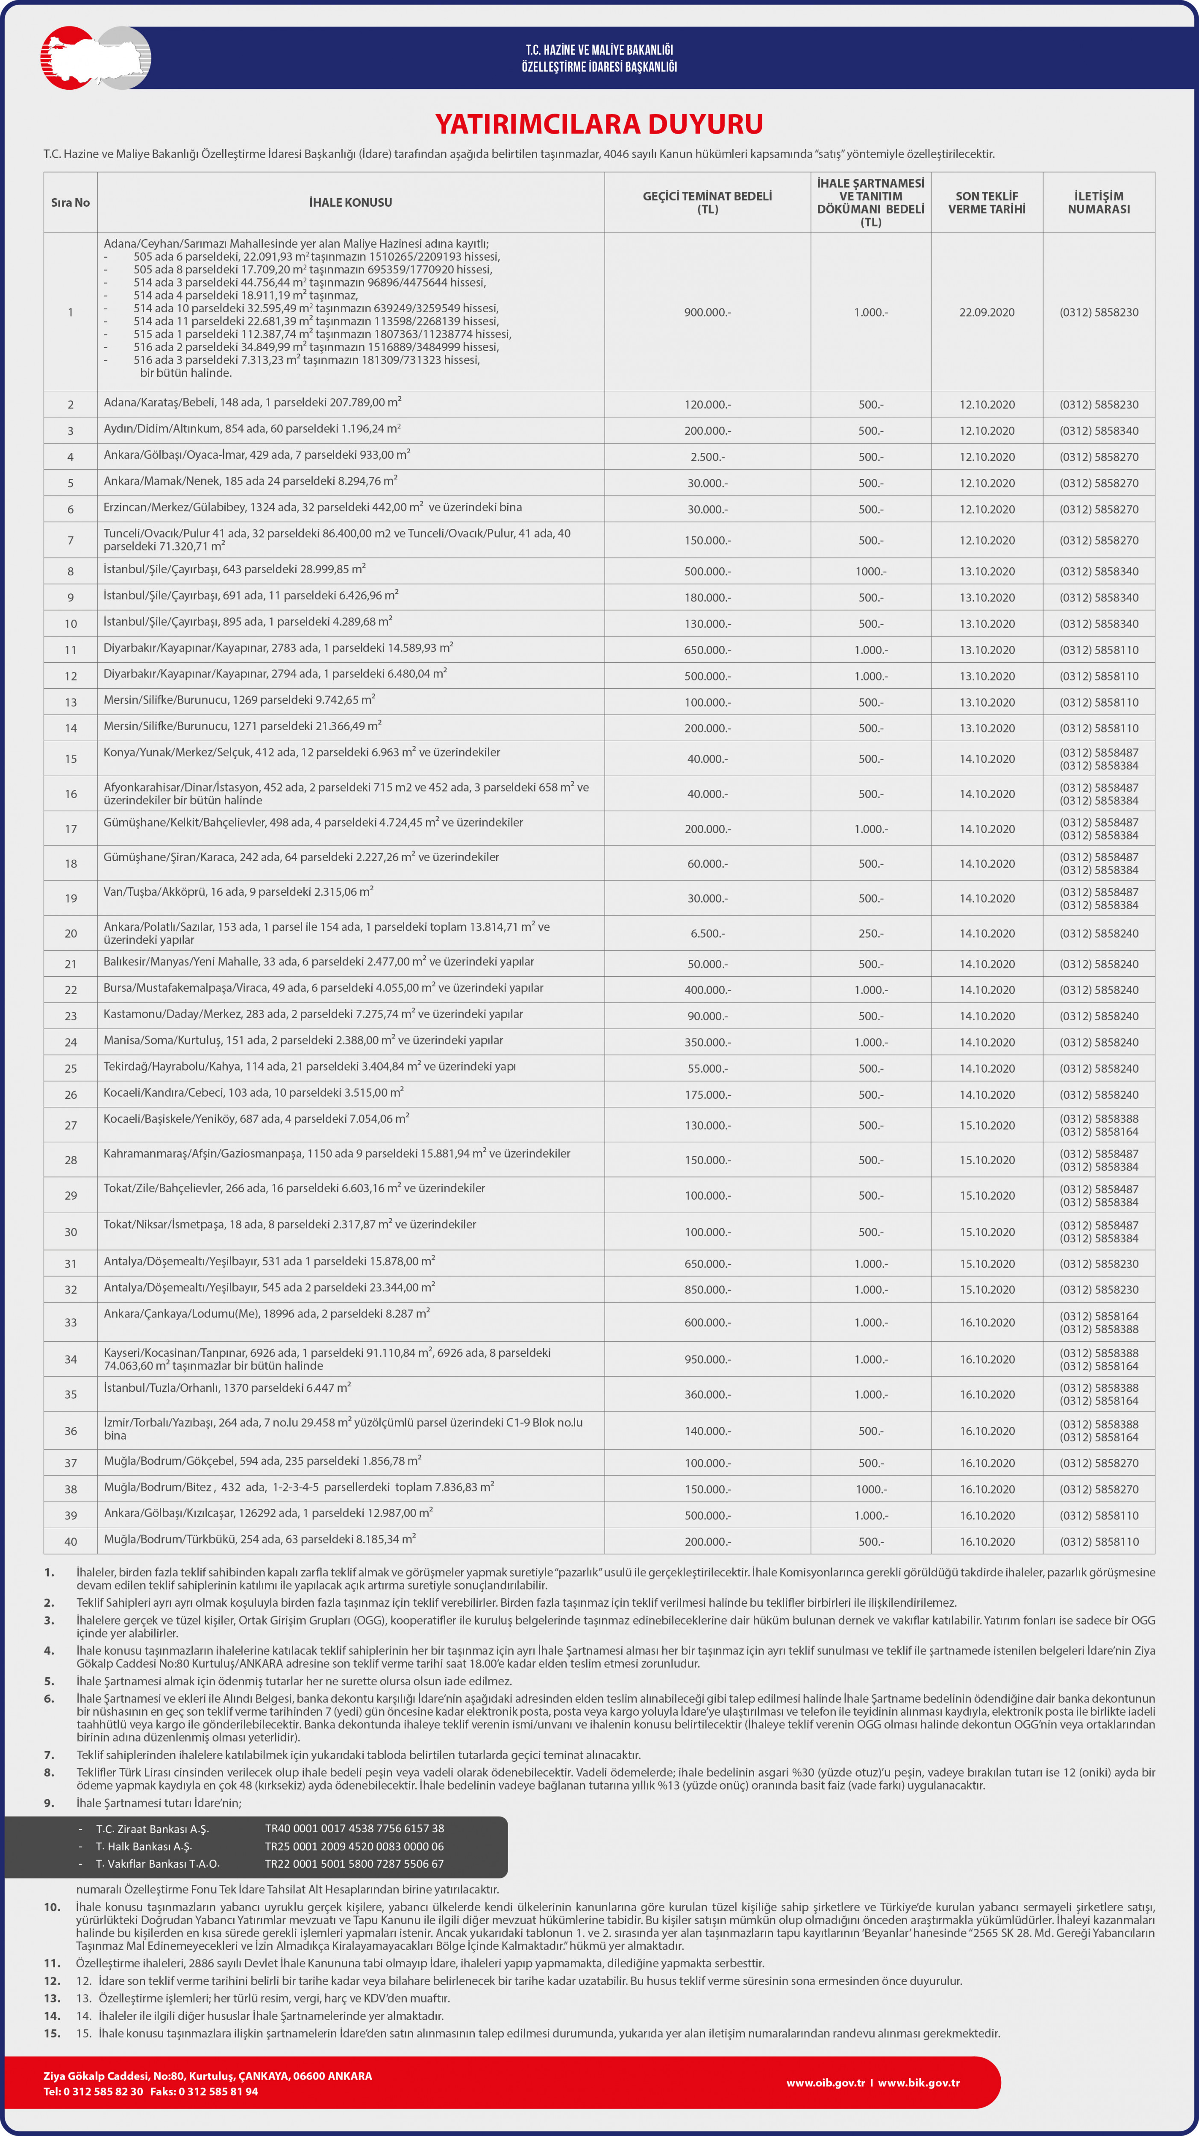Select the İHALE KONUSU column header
coord(350,202)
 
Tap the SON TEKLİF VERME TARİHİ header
coord(987,202)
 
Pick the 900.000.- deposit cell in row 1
coord(707,313)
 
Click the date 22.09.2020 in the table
coord(987,313)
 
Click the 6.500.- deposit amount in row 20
coord(707,934)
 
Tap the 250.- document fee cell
coord(871,934)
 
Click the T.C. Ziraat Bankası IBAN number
coord(354,1828)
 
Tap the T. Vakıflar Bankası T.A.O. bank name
coord(158,1864)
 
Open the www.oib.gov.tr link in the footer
coord(825,2083)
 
